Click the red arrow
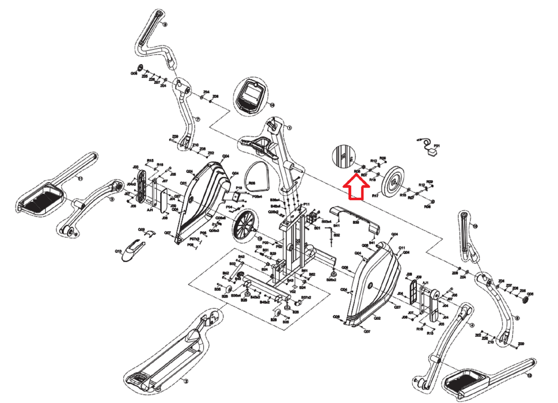click(x=356, y=188)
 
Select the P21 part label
click(x=437, y=146)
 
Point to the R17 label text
click(x=375, y=196)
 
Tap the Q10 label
click(x=118, y=251)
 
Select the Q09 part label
click(x=141, y=230)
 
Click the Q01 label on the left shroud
click(x=183, y=183)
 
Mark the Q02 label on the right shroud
click(x=377, y=318)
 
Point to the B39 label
click(x=356, y=222)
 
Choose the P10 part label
click(x=239, y=188)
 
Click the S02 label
click(x=337, y=235)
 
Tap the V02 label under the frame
click(x=293, y=292)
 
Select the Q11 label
click(x=402, y=248)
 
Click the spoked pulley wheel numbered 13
click(x=243, y=225)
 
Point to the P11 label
click(x=307, y=204)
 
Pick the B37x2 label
click(x=306, y=298)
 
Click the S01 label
click(x=317, y=228)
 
